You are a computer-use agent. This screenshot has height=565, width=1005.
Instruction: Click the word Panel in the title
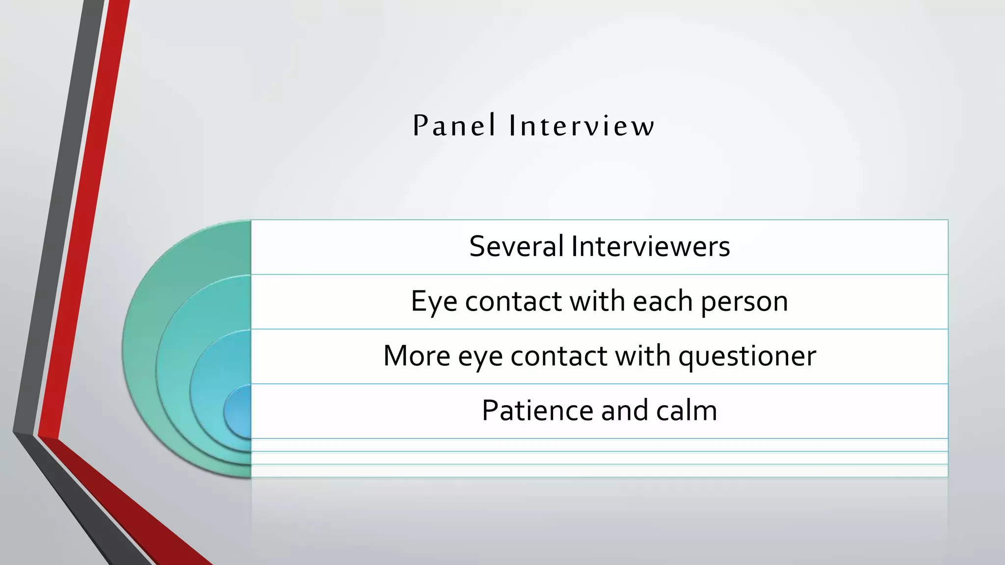point(454,126)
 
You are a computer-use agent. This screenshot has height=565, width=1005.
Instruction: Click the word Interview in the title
point(582,126)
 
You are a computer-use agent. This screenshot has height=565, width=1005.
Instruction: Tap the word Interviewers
point(650,246)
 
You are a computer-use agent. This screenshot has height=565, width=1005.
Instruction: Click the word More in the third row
point(416,356)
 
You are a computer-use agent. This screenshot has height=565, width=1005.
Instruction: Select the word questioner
point(747,357)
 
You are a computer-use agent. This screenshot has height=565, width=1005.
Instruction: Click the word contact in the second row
point(513,301)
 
